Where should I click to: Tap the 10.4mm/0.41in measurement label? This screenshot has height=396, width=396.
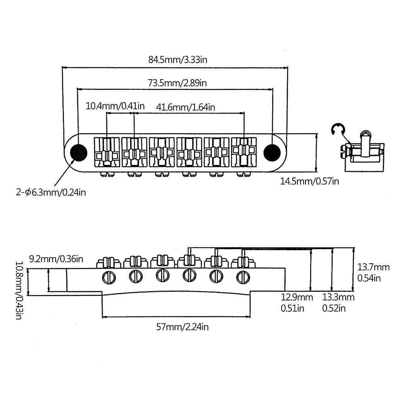coord(115,106)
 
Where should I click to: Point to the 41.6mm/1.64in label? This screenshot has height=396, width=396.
coord(186,107)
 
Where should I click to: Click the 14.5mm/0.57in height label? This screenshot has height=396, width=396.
coord(309,181)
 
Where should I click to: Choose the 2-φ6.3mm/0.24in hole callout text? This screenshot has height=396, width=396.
coord(51,192)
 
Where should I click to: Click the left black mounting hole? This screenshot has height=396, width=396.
coord(79,153)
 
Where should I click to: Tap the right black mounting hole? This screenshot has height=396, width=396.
coord(272,152)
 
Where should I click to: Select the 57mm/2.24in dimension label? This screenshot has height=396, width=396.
coord(183,327)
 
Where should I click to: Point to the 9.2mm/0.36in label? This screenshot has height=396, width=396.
coord(56,259)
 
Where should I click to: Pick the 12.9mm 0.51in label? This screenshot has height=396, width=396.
coord(297,303)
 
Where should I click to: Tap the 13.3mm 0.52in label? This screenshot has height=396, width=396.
coord(338,303)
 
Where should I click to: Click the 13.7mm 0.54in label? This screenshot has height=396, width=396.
coord(373,273)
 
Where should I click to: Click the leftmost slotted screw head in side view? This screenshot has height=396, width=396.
coord(109,277)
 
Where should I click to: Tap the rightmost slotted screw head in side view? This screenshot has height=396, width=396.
coord(243,277)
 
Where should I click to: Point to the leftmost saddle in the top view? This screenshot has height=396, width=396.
coord(106,153)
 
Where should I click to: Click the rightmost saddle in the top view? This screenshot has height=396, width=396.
coord(244,152)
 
